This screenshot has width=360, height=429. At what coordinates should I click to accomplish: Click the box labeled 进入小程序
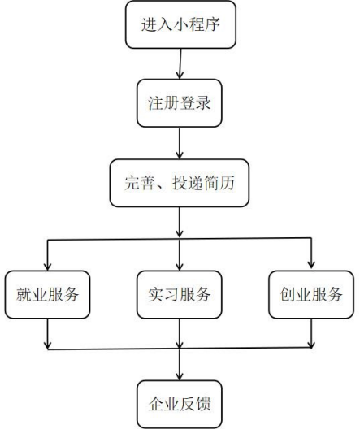(x=180, y=24)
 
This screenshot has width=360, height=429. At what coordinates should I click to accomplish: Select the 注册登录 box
(x=180, y=103)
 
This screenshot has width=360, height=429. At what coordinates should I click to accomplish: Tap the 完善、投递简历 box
(x=180, y=183)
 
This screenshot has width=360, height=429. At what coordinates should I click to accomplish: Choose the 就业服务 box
(x=48, y=295)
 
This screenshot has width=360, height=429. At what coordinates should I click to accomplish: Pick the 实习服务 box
(x=180, y=295)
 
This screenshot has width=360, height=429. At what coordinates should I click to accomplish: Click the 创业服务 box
(x=311, y=295)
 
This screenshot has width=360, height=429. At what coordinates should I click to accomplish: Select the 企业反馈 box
(x=180, y=405)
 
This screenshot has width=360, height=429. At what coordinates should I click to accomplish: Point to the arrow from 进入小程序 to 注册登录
(x=180, y=63)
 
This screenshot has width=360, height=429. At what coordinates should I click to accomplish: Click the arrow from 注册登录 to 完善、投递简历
(x=180, y=143)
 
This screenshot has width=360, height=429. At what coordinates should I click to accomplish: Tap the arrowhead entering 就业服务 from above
(x=48, y=266)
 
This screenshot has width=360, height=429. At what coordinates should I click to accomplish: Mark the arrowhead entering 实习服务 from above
(x=180, y=266)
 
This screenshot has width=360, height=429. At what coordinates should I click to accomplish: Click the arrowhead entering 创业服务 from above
(x=311, y=264)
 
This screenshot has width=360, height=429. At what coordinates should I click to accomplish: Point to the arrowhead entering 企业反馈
(x=180, y=376)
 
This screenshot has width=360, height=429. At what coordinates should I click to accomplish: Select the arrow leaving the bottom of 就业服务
(x=48, y=334)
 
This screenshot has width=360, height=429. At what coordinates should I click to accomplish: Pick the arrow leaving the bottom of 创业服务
(x=311, y=333)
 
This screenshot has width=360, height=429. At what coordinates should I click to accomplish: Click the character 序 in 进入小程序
(x=212, y=24)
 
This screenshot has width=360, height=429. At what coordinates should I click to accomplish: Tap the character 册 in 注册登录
(x=171, y=103)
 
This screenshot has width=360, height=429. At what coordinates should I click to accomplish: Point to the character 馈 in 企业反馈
(x=203, y=404)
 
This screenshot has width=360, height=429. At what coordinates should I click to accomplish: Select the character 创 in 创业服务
(x=287, y=294)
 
